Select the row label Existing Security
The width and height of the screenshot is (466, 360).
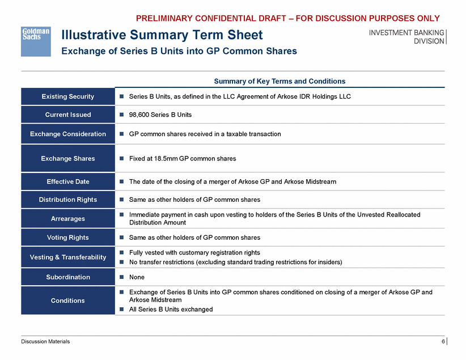coord(68,96)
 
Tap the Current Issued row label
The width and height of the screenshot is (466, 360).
coord(68,115)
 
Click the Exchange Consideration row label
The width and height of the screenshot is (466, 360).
coord(68,134)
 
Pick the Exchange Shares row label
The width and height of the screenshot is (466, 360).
coord(68,158)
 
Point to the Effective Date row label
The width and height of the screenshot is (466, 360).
coord(68,181)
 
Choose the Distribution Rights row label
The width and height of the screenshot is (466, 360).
coord(68,200)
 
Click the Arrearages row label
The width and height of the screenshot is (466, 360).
coord(68,218)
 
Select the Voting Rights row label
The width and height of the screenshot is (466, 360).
coord(68,238)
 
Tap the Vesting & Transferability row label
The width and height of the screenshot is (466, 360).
coord(68,257)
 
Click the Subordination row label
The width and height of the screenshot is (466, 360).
coord(68,277)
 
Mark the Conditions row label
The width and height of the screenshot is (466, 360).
coord(68,300)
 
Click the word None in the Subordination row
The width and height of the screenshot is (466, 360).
coord(137,277)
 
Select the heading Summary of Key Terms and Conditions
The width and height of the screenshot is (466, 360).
coord(279,81)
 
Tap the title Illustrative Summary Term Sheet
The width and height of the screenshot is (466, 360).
coord(162,35)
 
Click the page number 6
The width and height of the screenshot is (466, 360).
coord(443,341)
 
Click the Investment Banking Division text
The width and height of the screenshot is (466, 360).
coord(406,36)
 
